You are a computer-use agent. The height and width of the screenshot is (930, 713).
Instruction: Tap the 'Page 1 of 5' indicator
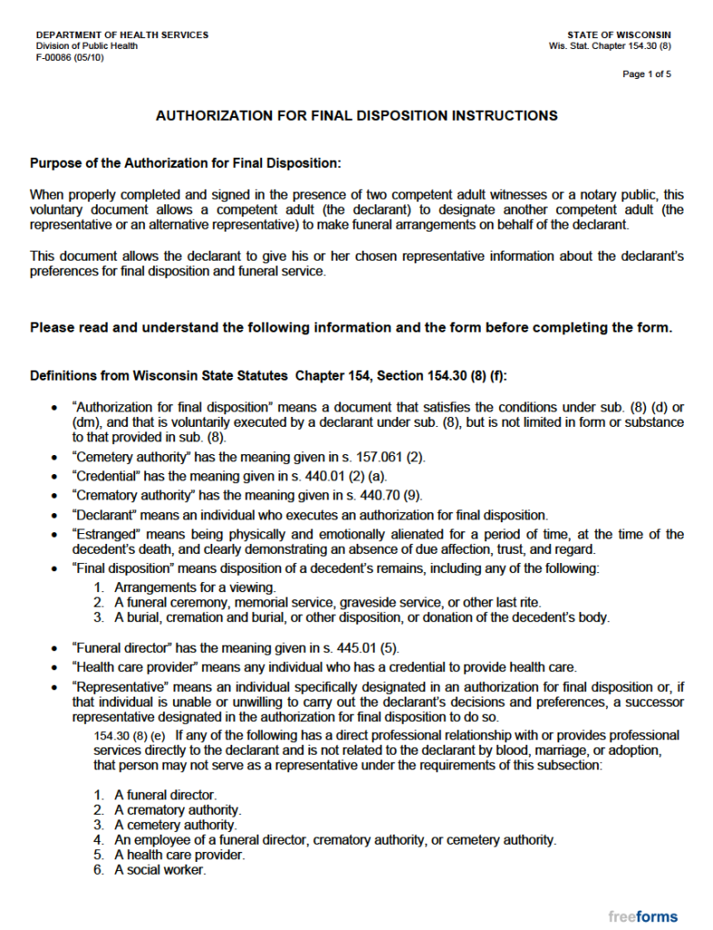point(647,74)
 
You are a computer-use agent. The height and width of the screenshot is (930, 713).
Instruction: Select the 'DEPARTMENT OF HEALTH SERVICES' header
point(122,35)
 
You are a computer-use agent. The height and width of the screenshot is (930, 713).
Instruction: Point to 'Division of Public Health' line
point(87,45)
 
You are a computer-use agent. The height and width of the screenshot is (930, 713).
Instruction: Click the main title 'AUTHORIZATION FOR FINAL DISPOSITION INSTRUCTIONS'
point(356,116)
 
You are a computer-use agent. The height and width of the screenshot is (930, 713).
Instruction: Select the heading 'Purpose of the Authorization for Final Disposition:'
point(186,163)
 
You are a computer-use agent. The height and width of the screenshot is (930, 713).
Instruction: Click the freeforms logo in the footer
point(643,915)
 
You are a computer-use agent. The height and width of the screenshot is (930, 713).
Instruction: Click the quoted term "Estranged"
point(103,534)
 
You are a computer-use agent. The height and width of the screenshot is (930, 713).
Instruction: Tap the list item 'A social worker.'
point(160,870)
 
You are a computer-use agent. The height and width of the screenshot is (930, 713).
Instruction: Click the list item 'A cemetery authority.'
point(175,825)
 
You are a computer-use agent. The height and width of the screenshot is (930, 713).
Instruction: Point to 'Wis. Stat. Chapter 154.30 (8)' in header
point(610,45)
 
